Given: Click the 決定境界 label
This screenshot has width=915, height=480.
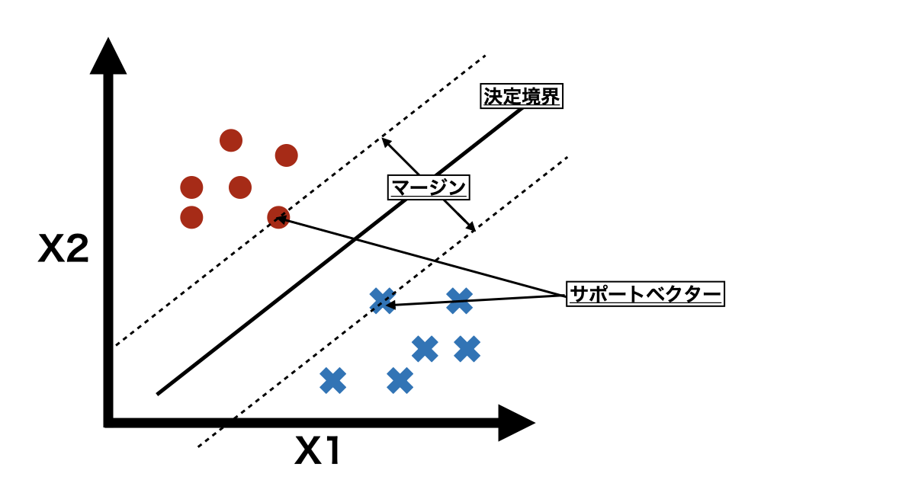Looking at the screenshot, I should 522,97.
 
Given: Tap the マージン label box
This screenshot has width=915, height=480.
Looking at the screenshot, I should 428,187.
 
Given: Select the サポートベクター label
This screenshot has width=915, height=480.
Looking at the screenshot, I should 645,293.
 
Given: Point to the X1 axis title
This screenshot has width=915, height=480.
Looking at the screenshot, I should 319,453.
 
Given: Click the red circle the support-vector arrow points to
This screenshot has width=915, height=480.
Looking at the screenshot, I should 278,217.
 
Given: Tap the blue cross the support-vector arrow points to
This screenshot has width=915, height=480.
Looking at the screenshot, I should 382,301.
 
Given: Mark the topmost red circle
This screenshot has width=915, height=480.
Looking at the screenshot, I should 231,140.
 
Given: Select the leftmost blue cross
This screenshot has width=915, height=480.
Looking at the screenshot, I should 332,380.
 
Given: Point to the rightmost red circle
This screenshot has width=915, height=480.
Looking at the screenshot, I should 286,155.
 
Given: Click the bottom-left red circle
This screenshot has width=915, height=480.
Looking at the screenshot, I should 191,217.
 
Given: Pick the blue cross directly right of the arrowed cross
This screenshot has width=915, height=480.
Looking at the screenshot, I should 459,301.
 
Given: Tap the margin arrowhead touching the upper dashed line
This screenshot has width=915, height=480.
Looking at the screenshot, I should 385,140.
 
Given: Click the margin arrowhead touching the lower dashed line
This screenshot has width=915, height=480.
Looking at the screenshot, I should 472,228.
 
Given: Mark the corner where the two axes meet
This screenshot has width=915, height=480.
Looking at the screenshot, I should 109,422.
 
